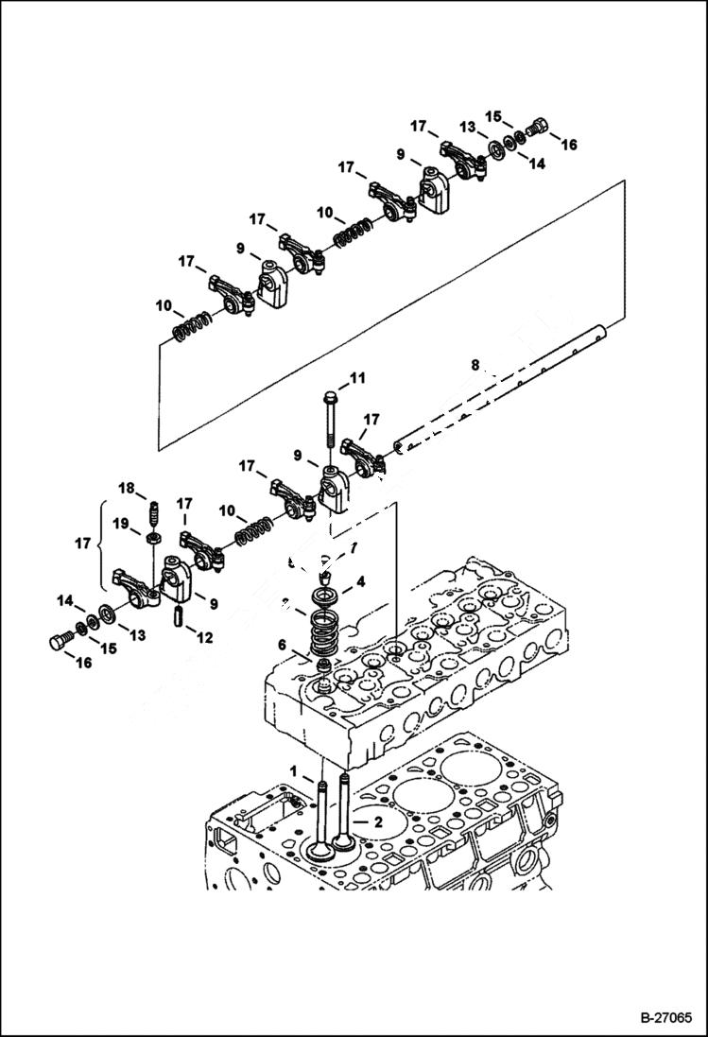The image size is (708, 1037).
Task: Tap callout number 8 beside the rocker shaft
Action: (475, 364)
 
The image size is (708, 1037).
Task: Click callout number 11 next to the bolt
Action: (356, 379)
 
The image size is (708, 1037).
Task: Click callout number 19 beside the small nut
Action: (121, 523)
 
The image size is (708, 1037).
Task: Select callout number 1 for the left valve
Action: (294, 772)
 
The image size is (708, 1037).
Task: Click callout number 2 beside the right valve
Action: (376, 822)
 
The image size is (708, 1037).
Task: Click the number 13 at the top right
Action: (467, 127)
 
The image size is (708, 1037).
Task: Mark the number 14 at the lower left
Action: (64, 600)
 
